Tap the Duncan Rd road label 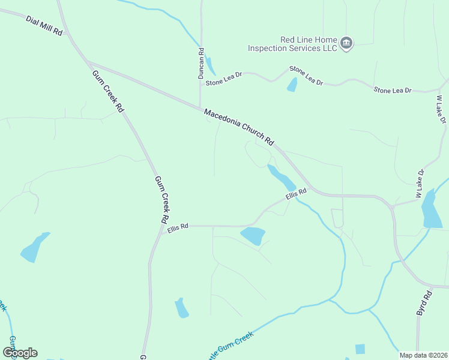(202, 64)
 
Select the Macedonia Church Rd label (239, 127)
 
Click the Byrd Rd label (424, 304)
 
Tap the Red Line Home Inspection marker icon (346, 43)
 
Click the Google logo (20, 353)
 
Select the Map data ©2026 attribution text (424, 355)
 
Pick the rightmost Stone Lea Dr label (393, 90)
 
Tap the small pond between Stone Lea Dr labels (292, 85)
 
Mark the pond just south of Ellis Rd (253, 235)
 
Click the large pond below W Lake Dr (431, 209)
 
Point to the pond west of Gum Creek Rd (34, 247)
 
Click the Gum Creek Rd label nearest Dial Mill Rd (108, 92)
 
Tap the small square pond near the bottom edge (360, 349)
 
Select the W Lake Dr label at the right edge (441, 110)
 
